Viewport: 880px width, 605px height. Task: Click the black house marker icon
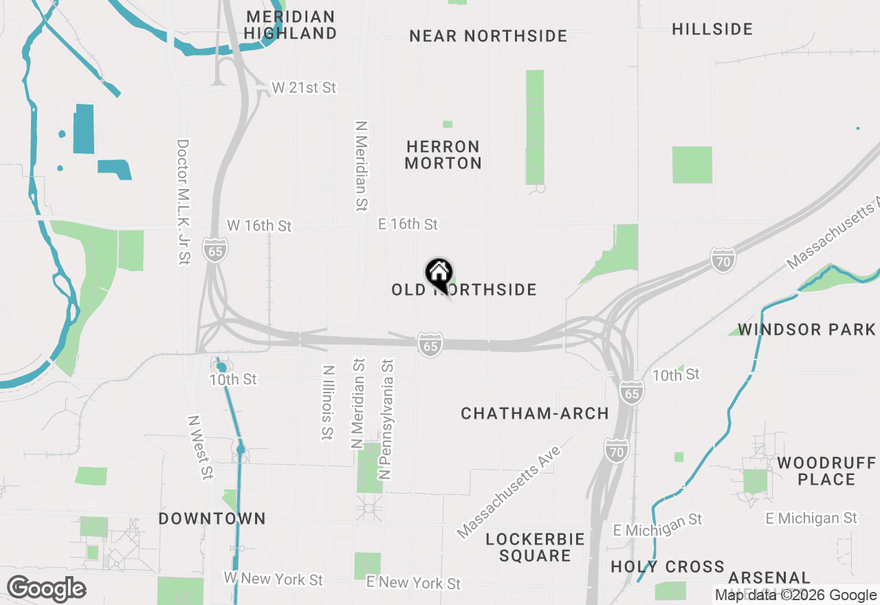[x=439, y=273]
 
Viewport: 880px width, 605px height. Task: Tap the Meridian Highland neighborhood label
[x=291, y=25]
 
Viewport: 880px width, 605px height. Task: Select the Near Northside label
[x=488, y=36]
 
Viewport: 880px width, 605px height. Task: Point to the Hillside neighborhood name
[x=712, y=29]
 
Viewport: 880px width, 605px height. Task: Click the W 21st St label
[x=304, y=88]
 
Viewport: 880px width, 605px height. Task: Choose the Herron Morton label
[x=443, y=155]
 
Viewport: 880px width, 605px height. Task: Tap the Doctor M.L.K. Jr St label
[x=183, y=202]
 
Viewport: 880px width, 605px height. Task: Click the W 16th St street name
[x=259, y=226]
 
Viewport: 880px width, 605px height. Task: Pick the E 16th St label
[x=408, y=225]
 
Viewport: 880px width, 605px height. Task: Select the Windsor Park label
[x=806, y=330]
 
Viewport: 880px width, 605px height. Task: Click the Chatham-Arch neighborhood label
[x=535, y=413]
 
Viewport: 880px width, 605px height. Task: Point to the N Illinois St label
[x=327, y=402]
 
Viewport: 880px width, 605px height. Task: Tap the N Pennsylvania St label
[x=386, y=419]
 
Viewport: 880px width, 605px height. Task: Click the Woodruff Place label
[x=826, y=471]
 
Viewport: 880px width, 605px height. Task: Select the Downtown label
[x=212, y=518]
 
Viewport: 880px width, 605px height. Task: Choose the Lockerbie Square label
[x=535, y=547]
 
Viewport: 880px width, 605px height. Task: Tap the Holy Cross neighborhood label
[x=668, y=567]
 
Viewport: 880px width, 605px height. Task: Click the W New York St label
[x=273, y=580]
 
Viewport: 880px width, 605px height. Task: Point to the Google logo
[x=46, y=588]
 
